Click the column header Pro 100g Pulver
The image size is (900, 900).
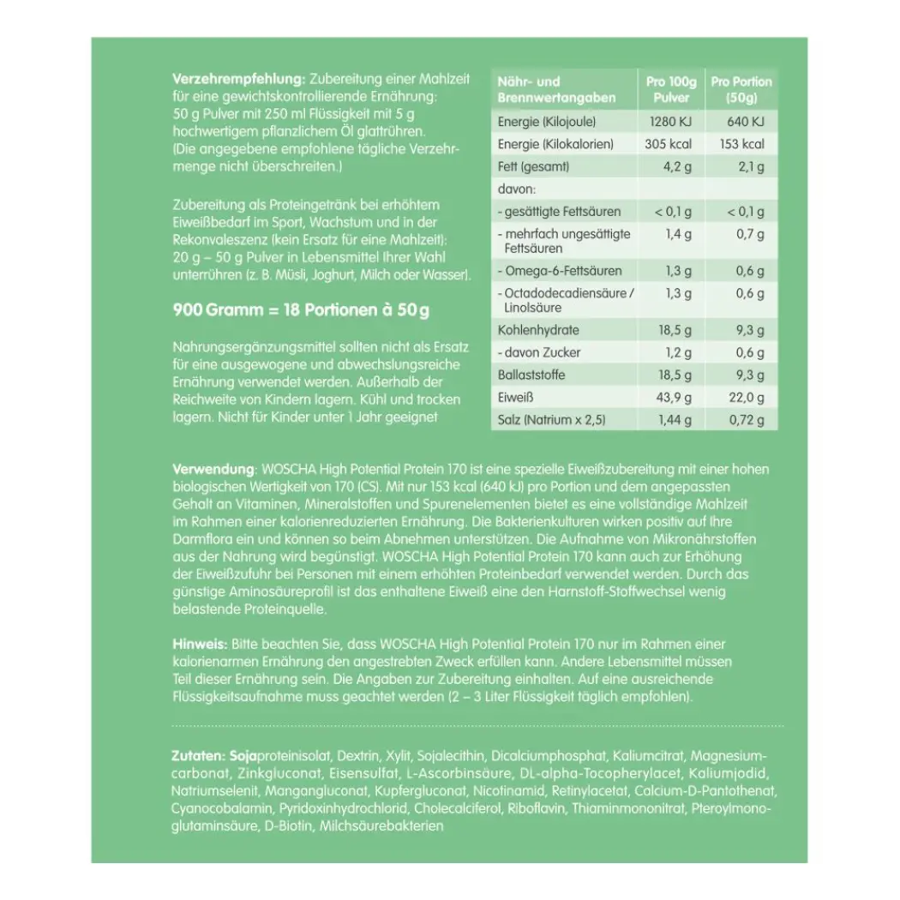(670, 89)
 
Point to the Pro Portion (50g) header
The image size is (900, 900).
(741, 89)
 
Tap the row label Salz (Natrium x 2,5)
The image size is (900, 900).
(553, 420)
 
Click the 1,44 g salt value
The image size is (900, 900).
(674, 420)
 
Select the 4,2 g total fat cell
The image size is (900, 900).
(676, 167)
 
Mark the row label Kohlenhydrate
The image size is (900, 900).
(538, 330)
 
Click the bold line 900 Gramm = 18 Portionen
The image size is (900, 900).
(301, 309)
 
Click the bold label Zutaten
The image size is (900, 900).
(197, 757)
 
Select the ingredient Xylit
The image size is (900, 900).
(395, 757)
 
